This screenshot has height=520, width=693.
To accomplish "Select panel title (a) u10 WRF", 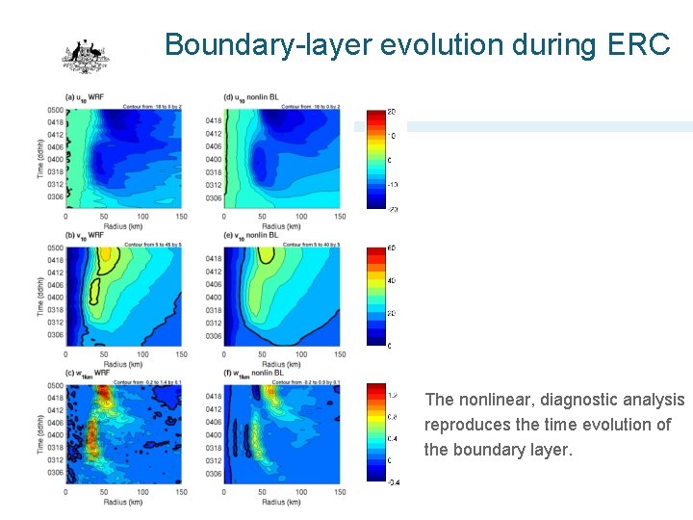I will tap(85, 97).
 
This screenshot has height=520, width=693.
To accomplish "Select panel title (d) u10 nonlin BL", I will tap(250, 97).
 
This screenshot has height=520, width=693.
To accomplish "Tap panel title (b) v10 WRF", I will tap(86, 235).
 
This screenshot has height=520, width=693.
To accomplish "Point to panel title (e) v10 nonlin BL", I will tap(250, 235).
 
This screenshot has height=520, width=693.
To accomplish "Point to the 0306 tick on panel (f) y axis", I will tap(214, 474).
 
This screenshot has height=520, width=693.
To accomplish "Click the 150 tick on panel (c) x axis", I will tap(181, 492).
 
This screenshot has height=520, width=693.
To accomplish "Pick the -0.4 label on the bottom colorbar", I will tap(395, 482).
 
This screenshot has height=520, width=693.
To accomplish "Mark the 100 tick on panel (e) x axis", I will tap(300, 354).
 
